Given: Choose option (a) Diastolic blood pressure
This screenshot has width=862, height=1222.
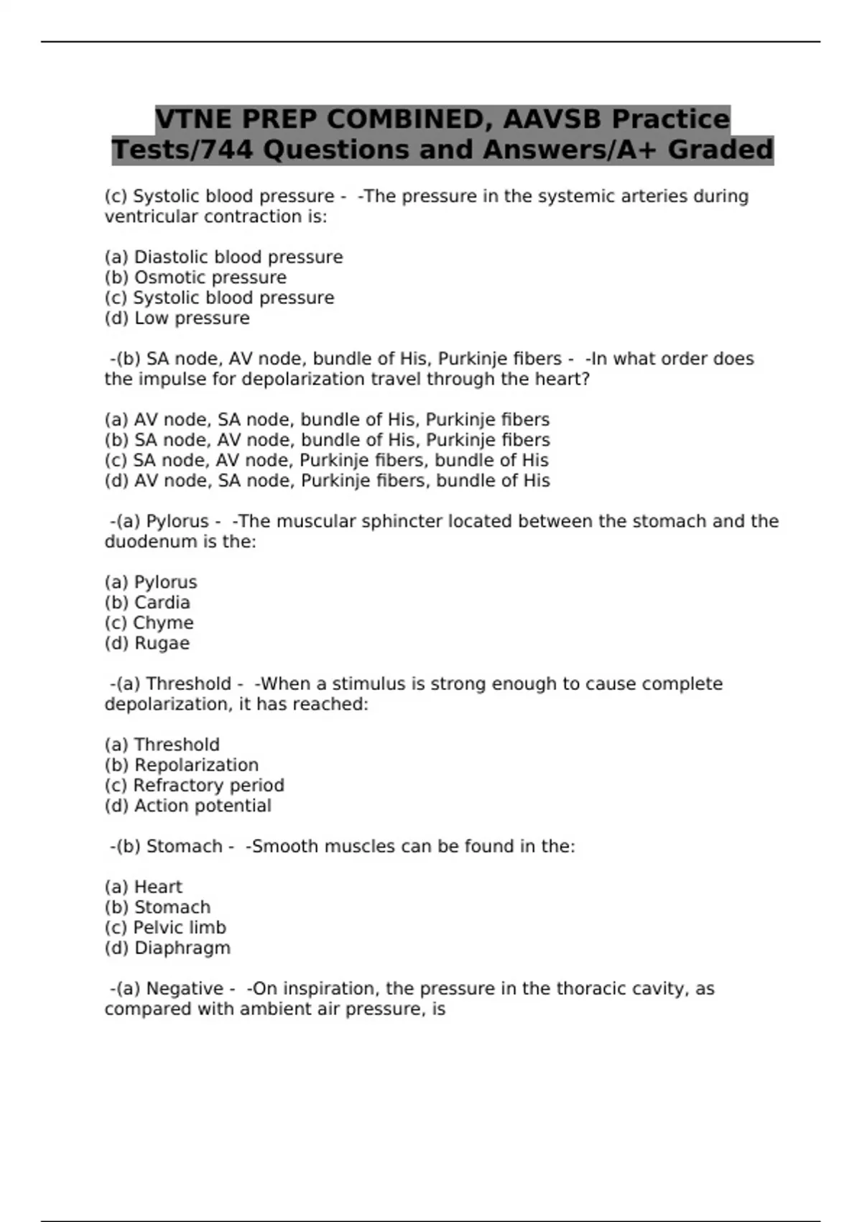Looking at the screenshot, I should (x=223, y=257).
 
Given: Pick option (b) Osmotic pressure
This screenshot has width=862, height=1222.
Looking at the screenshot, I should (x=195, y=277).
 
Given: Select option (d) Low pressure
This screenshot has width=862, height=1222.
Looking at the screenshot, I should (x=177, y=318).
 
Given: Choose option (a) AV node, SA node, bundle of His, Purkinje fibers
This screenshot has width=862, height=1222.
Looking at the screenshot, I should (x=327, y=420).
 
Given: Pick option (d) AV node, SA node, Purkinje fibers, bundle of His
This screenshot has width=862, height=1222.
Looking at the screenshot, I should (x=327, y=481).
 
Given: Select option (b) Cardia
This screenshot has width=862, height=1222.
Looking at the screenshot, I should (x=147, y=603).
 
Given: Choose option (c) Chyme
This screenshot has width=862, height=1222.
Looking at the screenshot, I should (x=149, y=623).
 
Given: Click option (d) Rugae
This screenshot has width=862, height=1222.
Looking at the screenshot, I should (x=147, y=643).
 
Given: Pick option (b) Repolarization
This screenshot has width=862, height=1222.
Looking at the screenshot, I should (x=181, y=766).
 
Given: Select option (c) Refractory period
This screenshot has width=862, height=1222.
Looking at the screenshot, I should (x=194, y=786).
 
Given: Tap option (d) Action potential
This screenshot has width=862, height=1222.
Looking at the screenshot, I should (x=187, y=806).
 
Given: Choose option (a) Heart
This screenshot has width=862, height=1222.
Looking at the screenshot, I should (x=144, y=887).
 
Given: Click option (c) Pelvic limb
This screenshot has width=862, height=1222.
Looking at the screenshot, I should (x=165, y=928).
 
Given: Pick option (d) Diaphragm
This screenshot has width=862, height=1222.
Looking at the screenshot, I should (x=167, y=948).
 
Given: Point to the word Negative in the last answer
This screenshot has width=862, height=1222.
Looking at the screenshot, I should (x=185, y=989).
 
